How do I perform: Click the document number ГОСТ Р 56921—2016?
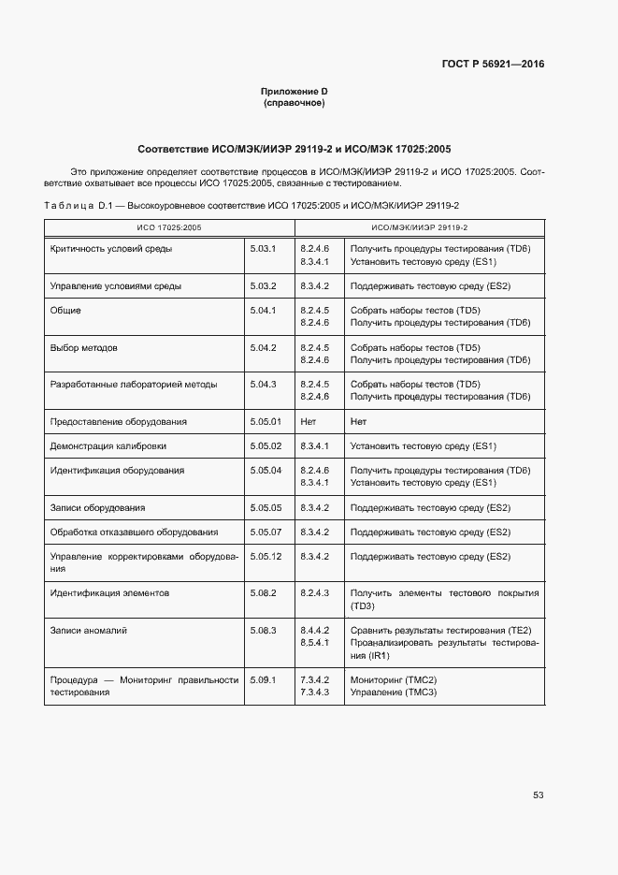[x=493, y=65]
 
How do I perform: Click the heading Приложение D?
[x=294, y=91]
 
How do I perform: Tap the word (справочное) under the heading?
[x=294, y=103]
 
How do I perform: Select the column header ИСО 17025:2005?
[x=169, y=227]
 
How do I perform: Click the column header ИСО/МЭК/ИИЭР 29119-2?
[x=419, y=227]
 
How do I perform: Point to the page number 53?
[x=538, y=795]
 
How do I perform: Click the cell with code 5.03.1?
[x=264, y=249]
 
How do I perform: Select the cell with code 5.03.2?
[x=264, y=286]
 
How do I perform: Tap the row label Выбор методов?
[x=83, y=347]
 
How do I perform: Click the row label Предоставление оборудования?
[x=118, y=421]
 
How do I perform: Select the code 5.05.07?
[x=266, y=532]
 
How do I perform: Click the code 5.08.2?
[x=264, y=593]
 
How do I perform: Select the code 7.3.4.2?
[x=314, y=679]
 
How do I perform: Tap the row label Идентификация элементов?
[x=109, y=593]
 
